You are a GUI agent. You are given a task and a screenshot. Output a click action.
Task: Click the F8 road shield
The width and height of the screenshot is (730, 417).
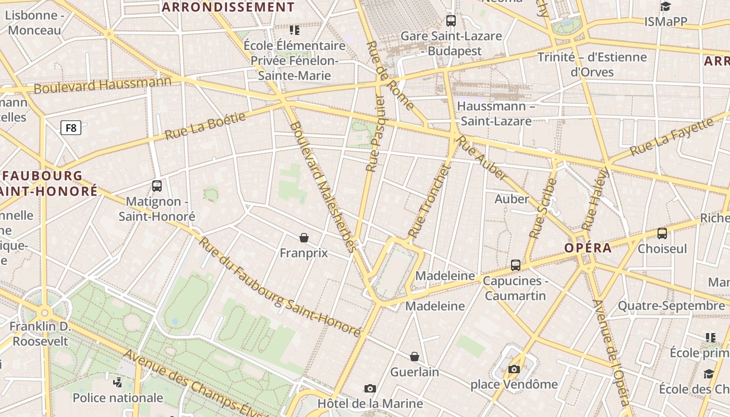(x=71, y=127)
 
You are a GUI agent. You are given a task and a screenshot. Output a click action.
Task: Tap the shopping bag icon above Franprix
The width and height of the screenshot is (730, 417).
(x=304, y=238)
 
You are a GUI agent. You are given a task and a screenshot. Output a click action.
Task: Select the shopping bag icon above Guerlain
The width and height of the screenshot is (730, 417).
(x=415, y=357)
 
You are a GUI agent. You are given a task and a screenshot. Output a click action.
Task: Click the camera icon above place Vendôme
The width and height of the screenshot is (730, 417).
(x=514, y=370)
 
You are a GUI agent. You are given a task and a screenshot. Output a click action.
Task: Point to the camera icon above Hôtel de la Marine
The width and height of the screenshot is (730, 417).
(x=370, y=388)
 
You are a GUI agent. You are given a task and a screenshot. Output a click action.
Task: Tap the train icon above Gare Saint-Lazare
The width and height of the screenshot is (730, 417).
(x=451, y=21)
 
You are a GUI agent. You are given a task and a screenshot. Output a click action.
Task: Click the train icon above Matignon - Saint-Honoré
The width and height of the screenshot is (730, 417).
(x=156, y=186)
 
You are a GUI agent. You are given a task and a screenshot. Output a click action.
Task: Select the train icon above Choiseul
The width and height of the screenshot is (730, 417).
(x=662, y=233)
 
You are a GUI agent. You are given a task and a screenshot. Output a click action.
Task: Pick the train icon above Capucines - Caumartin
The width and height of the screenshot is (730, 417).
(x=516, y=265)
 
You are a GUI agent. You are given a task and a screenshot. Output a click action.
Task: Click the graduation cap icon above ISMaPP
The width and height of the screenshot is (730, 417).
(x=665, y=6)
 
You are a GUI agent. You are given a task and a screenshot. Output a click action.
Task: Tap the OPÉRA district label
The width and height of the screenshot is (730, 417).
(x=588, y=248)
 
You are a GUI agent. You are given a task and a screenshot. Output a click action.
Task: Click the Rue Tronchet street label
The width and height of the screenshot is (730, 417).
(x=429, y=201)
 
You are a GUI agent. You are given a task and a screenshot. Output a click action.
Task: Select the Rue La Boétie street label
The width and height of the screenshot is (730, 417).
(x=205, y=126)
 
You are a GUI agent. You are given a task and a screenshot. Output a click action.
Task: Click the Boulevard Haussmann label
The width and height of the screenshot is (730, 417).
(x=102, y=85)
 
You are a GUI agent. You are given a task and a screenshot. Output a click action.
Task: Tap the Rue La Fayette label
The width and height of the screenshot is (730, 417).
(x=671, y=137)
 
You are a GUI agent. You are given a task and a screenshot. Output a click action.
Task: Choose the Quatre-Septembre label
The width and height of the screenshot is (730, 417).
(x=671, y=305)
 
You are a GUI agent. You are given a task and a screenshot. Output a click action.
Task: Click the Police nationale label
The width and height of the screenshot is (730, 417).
(x=118, y=398)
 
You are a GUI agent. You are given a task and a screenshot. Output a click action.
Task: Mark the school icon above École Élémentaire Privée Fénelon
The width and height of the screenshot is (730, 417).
(x=295, y=30)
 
